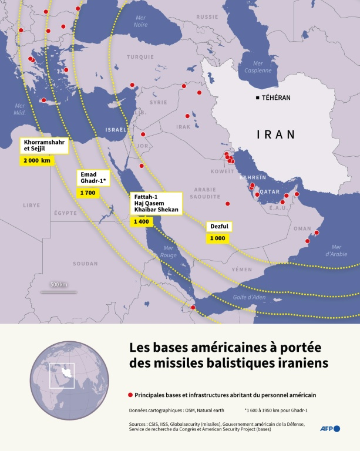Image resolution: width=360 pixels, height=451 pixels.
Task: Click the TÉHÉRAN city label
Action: [276, 97]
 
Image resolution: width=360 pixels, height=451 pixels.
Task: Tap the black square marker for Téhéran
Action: [257, 97]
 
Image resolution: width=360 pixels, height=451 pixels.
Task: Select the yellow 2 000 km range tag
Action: [38, 160]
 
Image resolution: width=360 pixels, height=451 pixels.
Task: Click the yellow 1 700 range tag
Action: [87, 193]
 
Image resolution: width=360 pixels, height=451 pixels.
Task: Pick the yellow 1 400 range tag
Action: [141, 221]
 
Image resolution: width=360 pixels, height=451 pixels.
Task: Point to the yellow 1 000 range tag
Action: [217, 238]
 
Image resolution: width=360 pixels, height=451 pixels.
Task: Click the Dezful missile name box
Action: [220, 226]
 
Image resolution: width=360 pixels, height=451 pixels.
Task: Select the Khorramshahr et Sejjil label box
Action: [43, 145]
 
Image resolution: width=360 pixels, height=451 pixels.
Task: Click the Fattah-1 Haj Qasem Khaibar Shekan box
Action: [156, 203]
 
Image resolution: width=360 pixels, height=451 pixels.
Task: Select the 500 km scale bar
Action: [59, 290]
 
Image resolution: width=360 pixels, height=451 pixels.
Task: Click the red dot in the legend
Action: [130, 395]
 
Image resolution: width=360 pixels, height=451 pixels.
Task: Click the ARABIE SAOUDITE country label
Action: [205, 193]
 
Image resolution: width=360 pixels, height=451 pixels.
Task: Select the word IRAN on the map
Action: [275, 135]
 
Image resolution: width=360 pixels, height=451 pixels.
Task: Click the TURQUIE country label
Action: [139, 57]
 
